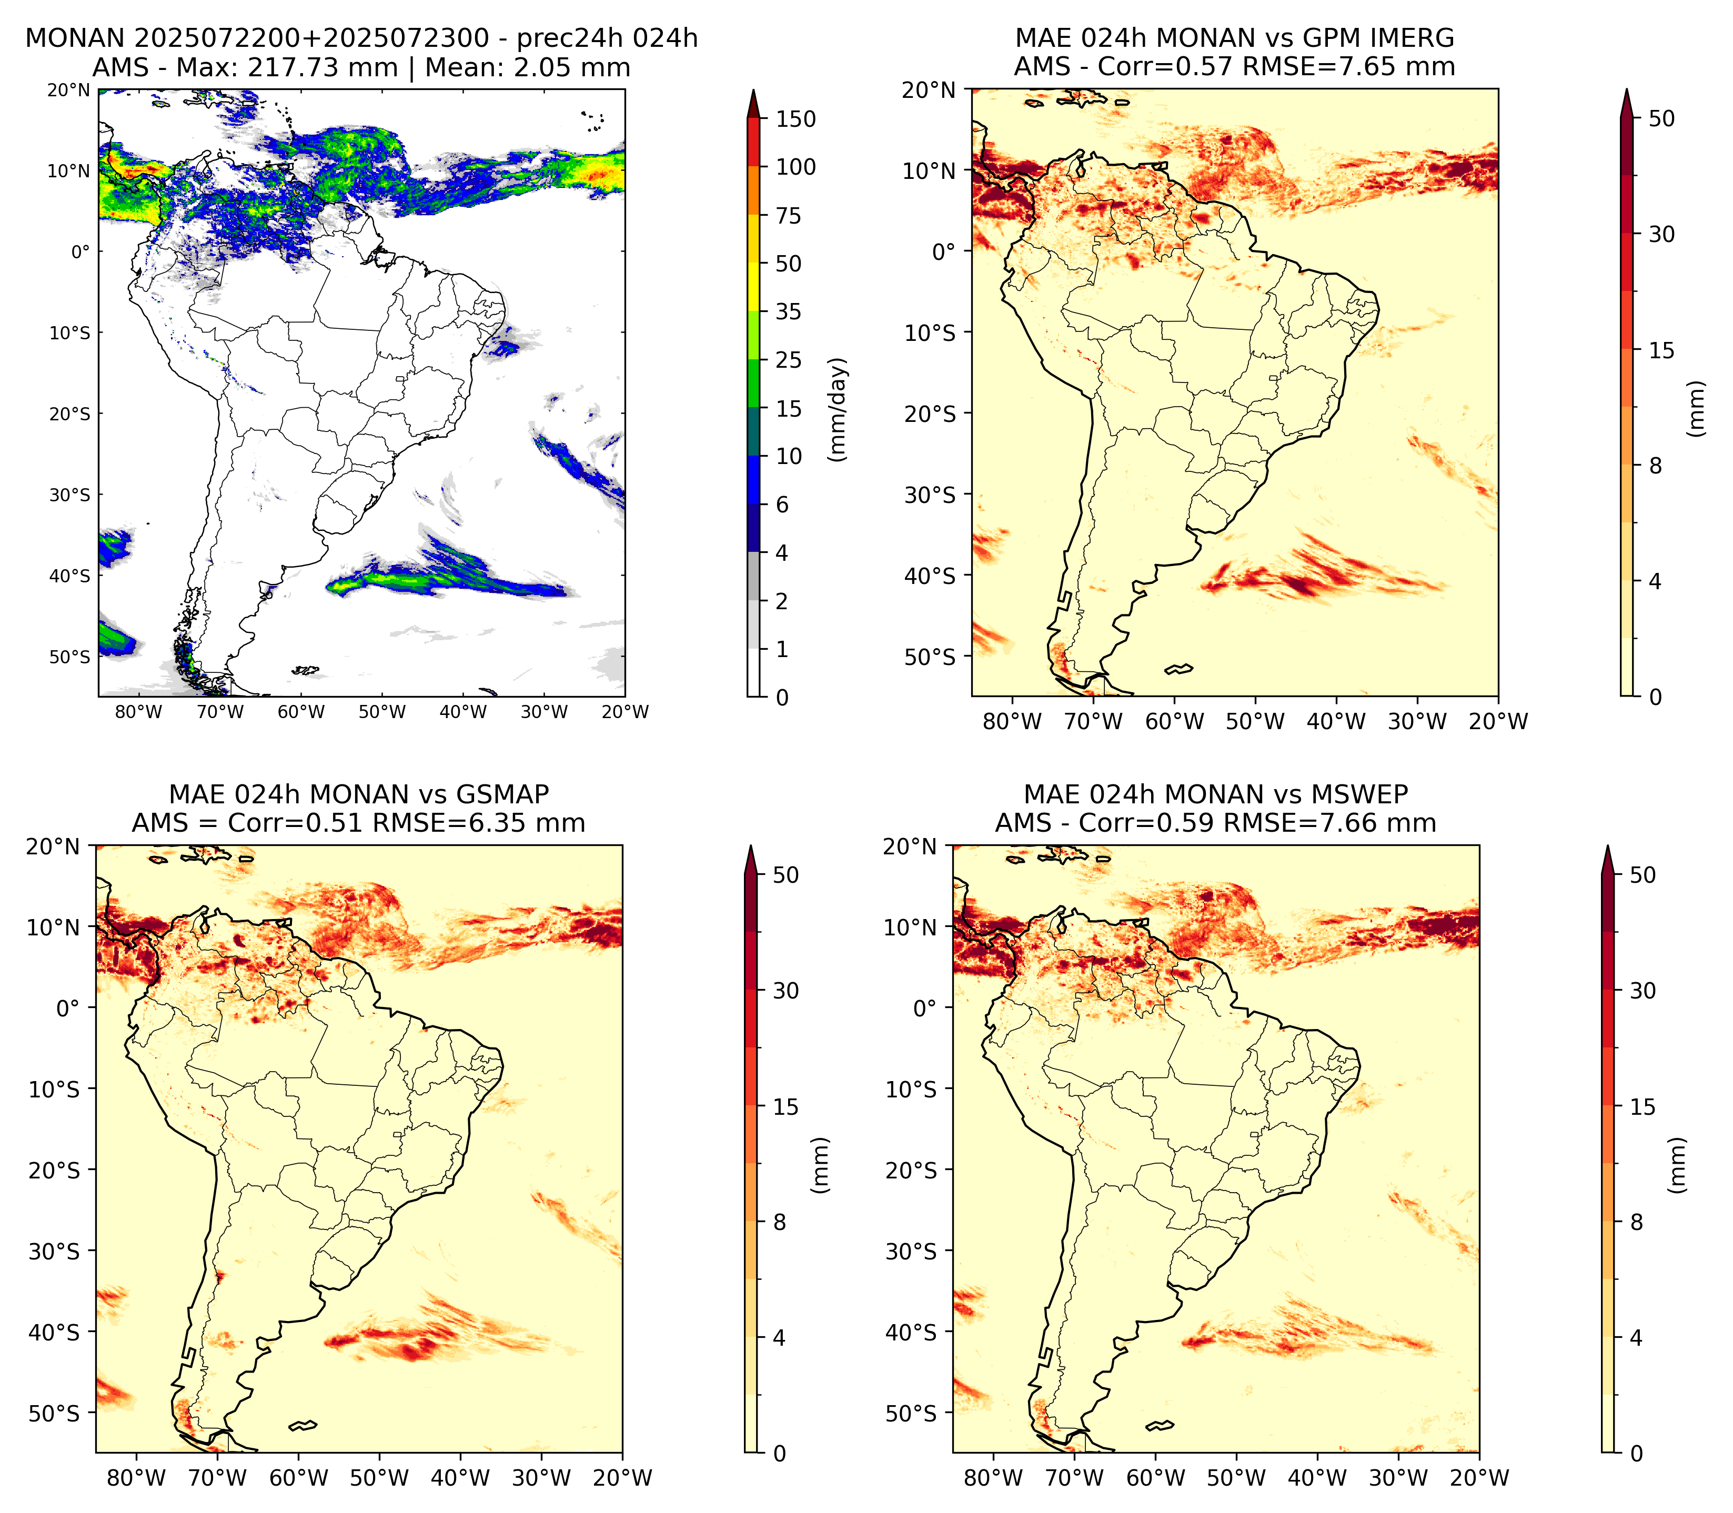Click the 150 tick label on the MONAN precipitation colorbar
[x=796, y=119]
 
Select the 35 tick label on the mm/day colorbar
[x=789, y=311]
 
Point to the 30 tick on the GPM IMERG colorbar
[x=1661, y=234]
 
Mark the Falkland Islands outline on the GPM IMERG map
[x=1179, y=669]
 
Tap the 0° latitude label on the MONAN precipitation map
[x=79, y=251]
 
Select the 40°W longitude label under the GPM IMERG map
[x=1336, y=721]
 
